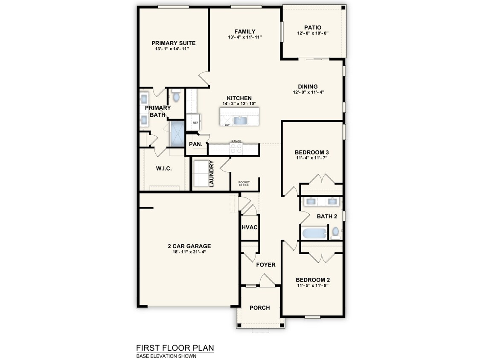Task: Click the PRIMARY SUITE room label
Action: pyautogui.click(x=173, y=43)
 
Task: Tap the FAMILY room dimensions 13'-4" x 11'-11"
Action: pyautogui.click(x=245, y=38)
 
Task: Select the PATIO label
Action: pyautogui.click(x=313, y=28)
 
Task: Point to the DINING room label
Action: pyautogui.click(x=308, y=87)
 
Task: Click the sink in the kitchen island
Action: pyautogui.click(x=241, y=120)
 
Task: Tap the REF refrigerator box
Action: pyautogui.click(x=194, y=122)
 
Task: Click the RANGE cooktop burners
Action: pyautogui.click(x=236, y=148)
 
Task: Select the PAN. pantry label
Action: pyautogui.click(x=195, y=144)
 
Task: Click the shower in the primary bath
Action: pyautogui.click(x=177, y=134)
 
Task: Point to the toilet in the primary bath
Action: pyautogui.click(x=176, y=95)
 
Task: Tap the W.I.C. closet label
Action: pyautogui.click(x=164, y=168)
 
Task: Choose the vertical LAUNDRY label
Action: pyautogui.click(x=211, y=174)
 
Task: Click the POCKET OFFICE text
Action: pyautogui.click(x=244, y=184)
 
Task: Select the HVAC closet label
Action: pyautogui.click(x=250, y=227)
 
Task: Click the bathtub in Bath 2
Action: pyautogui.click(x=314, y=233)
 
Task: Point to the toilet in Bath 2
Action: pyautogui.click(x=335, y=233)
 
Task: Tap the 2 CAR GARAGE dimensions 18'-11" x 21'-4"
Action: pyautogui.click(x=189, y=252)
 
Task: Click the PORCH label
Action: pyautogui.click(x=259, y=308)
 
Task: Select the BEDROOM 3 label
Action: pyautogui.click(x=311, y=152)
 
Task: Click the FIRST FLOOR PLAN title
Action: pyautogui.click(x=175, y=348)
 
